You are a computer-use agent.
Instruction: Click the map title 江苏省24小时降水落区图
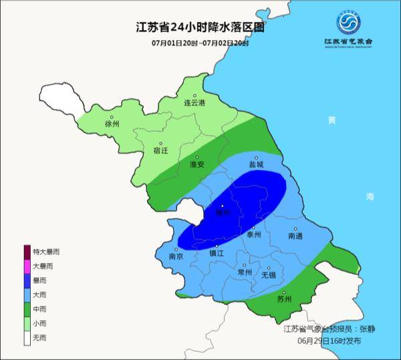pos(200,28)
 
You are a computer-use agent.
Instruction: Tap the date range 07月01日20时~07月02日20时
pos(200,43)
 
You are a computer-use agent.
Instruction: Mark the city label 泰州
pos(254,235)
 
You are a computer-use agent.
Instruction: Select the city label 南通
pos(295,236)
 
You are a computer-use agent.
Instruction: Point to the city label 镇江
pos(217,254)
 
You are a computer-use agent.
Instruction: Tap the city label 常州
pos(245,272)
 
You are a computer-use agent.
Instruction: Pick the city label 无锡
pos(268,274)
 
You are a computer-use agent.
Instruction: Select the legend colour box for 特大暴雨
pos(28,252)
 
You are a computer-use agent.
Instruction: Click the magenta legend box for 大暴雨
pos(28,266)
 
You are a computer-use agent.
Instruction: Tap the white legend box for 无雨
pos(28,339)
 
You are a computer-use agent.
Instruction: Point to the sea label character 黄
pos(331,120)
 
